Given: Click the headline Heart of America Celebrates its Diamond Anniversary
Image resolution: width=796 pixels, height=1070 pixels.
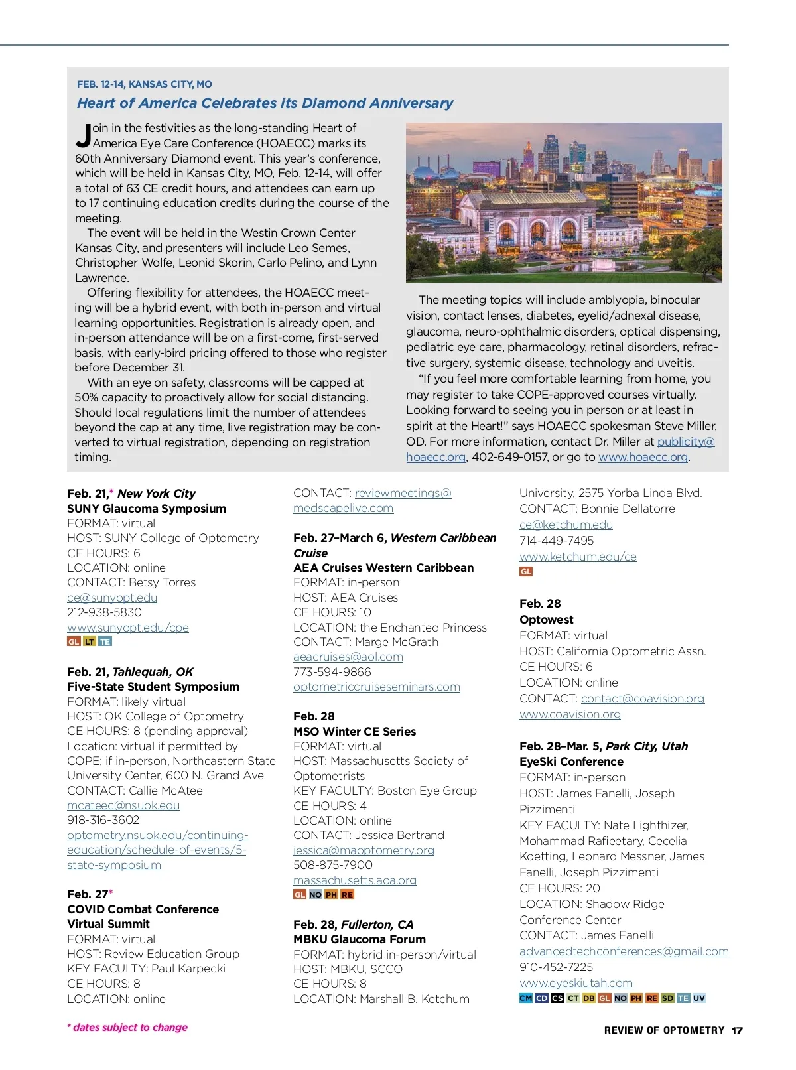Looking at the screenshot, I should tap(265, 103).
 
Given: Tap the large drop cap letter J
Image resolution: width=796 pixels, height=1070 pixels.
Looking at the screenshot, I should tap(84, 135).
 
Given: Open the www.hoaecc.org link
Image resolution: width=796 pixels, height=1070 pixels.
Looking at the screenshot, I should tap(643, 457).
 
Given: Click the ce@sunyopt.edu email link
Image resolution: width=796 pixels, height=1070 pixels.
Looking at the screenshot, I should tap(112, 598).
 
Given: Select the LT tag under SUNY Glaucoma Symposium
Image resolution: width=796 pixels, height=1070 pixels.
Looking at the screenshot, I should tap(90, 642).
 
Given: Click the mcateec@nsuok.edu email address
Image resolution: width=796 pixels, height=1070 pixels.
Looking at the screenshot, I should tap(123, 805).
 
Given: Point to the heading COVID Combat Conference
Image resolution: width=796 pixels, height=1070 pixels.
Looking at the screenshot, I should tap(143, 909).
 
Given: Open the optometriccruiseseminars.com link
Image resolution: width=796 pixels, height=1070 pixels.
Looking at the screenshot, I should tap(376, 687).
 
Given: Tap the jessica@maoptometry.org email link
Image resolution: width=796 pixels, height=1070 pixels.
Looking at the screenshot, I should tap(364, 850).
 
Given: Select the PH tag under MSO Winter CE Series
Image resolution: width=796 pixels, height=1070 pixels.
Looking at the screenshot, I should tap(331, 894).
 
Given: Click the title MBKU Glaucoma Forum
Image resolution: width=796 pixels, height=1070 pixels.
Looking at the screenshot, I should tap(360, 939).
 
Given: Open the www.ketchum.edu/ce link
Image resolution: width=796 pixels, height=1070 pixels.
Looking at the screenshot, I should tap(578, 557).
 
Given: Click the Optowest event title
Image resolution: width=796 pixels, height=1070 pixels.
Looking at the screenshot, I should tap(546, 620).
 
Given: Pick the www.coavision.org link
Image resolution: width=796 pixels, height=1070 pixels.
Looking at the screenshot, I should tap(570, 714).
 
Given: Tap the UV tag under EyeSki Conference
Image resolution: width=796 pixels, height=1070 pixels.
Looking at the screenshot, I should tap(699, 998).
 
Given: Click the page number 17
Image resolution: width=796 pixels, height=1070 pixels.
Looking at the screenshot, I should tap(737, 1030).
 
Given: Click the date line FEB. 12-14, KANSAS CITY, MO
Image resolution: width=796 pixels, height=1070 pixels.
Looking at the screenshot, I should tap(145, 84).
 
